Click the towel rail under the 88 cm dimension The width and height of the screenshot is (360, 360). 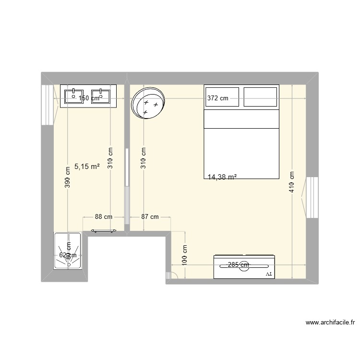coord(103,231)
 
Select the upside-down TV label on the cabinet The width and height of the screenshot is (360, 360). coord(268,274)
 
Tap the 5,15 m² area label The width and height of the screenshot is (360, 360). coord(87,167)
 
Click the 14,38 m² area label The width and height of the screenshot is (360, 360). coord(222,177)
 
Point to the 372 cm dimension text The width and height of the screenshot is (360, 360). coord(218,98)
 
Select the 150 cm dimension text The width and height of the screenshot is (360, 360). coord(89,98)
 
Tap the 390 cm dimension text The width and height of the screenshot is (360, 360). coord(68,177)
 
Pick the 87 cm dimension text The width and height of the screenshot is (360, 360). coord(150,217)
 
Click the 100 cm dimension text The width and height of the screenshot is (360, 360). coord(185,255)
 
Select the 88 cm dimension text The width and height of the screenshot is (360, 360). coord(103,217)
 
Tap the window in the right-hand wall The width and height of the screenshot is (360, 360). coord(312,197)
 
